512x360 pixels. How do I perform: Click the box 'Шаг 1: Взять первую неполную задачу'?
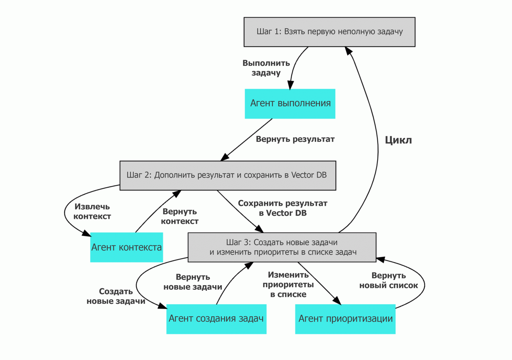329,32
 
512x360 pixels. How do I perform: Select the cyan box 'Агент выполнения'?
290,103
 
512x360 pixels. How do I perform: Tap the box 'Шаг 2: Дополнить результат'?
227,175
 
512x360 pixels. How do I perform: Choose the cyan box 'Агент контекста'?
126,247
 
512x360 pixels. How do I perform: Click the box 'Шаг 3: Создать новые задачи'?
282,247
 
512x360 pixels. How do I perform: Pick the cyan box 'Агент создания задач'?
216,319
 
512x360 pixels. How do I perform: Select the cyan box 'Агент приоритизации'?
345,319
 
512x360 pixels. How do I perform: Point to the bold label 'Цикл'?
398,140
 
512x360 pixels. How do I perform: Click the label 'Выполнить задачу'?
266,68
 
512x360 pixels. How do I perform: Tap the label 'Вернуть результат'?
295,139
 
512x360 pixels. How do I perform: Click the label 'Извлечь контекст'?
92,211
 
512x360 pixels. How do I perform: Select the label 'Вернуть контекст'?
180,216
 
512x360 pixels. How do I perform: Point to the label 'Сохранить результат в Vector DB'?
283,208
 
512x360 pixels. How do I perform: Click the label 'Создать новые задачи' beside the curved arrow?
116,296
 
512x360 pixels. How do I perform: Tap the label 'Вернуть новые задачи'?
193,282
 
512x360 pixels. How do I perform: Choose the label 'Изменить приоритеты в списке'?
288,285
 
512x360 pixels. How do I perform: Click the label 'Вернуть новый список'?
389,280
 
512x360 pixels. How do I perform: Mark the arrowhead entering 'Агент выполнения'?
290,86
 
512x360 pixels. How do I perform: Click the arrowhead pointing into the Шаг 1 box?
348,50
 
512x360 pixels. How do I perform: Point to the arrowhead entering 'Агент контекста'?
87,233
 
